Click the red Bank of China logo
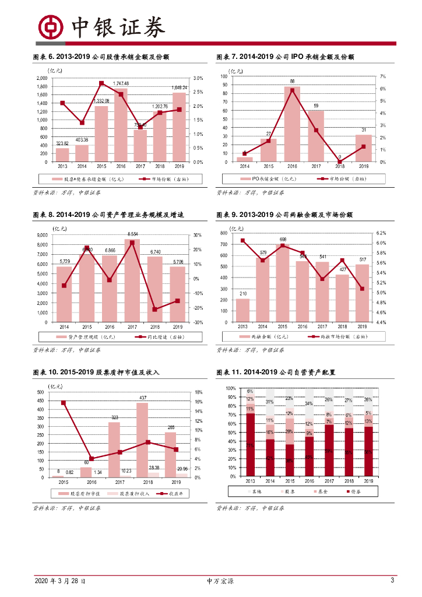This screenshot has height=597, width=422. pyautogui.click(x=50, y=26)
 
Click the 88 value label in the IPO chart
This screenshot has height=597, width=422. pyautogui.click(x=292, y=81)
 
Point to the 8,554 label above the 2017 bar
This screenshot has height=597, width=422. pyautogui.click(x=133, y=234)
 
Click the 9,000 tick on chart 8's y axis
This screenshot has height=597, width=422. pyautogui.click(x=42, y=235)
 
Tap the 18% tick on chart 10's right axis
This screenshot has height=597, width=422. pyautogui.click(x=198, y=392)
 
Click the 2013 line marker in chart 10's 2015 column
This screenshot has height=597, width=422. pyautogui.click(x=63, y=403)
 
